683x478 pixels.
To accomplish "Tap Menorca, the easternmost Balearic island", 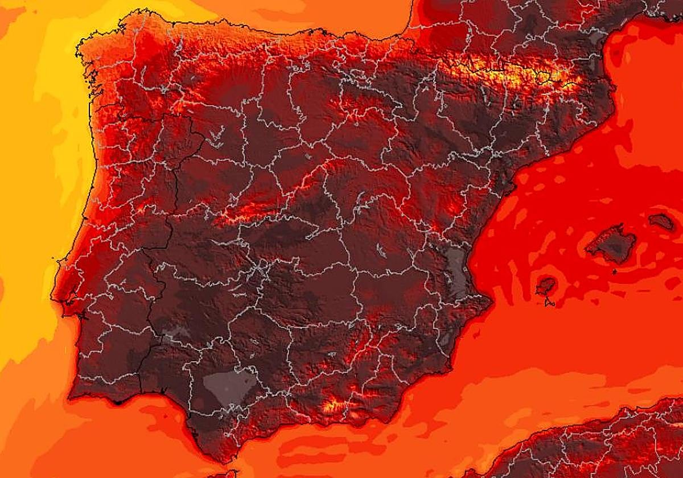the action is [661, 221].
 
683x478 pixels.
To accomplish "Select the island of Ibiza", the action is [545, 286].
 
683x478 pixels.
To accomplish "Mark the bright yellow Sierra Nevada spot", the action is [333, 406].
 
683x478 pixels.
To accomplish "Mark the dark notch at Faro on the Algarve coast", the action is [118, 402].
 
